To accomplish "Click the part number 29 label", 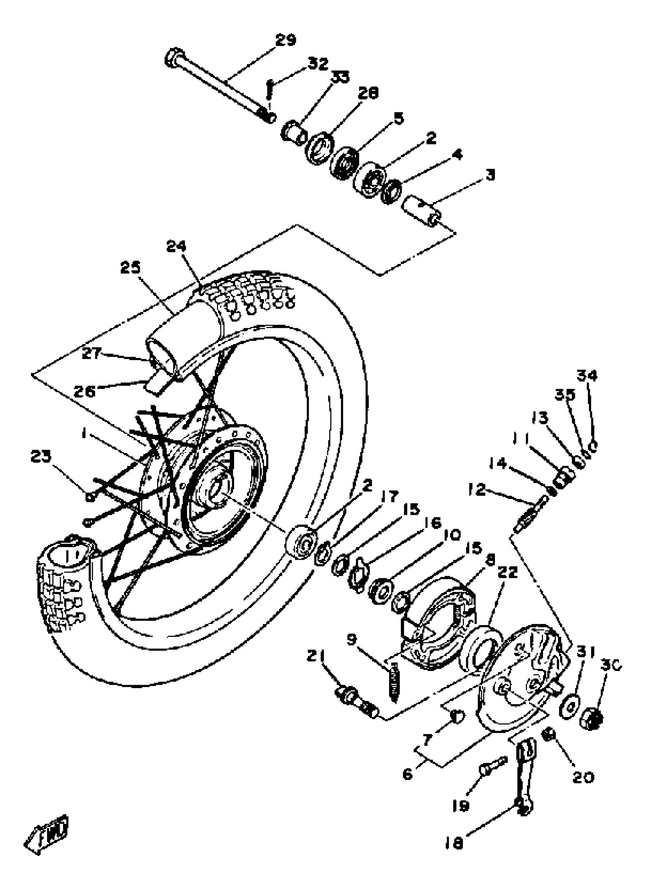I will [x=285, y=40].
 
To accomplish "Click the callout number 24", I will [x=176, y=246].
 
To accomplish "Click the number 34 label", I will [x=587, y=376].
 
